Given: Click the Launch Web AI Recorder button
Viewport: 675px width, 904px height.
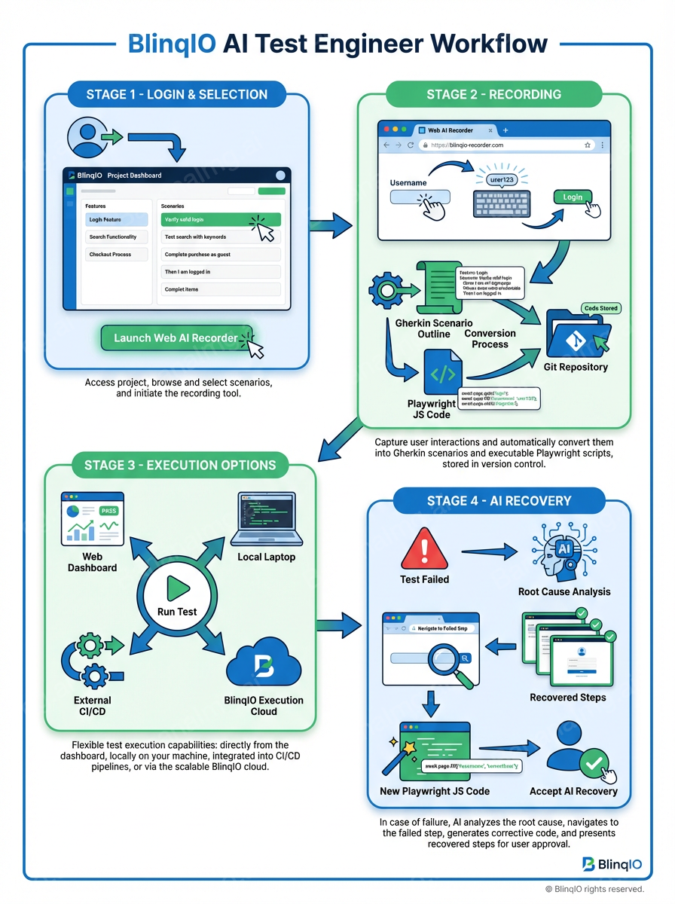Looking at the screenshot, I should (176, 338).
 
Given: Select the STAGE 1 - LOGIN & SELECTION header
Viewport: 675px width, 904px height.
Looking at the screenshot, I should (176, 95).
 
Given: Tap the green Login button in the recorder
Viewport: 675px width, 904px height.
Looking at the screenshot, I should (573, 197).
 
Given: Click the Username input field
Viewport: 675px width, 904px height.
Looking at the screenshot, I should (420, 197).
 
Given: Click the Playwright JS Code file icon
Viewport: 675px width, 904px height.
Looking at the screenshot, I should (442, 372).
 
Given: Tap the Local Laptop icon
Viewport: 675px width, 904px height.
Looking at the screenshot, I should (266, 520).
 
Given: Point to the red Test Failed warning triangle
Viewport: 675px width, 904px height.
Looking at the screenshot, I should (425, 548).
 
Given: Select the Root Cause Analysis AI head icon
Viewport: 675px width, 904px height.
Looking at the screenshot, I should (564, 554).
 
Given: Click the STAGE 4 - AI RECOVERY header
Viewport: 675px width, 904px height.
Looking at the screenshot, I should (499, 501).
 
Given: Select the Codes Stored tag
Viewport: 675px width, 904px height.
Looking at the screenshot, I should (600, 308).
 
